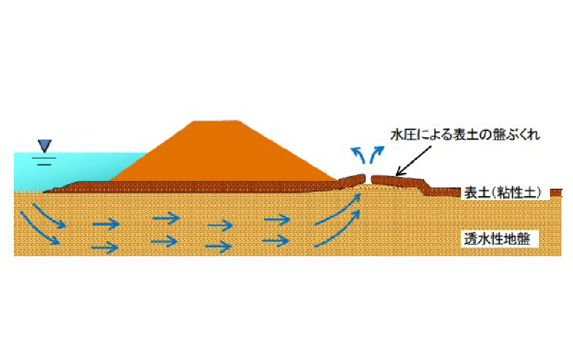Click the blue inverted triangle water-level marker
[44, 145]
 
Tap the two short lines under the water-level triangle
[44, 161]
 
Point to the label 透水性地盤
[497, 239]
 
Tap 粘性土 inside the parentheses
[516, 192]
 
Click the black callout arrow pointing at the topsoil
[414, 161]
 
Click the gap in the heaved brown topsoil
[368, 179]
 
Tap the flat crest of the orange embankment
[216, 121]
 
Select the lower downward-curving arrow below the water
[40, 229]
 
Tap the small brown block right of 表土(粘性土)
[556, 193]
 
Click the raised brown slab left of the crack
[351, 180]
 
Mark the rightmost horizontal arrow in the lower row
[276, 241]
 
